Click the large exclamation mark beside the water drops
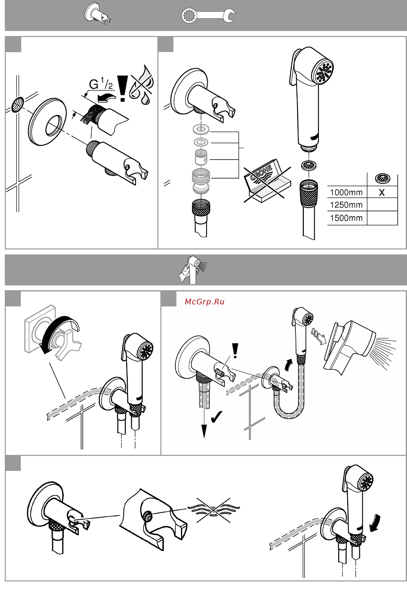pyautogui.click(x=122, y=88)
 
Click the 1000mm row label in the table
pyautogui.click(x=346, y=193)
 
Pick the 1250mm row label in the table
pyautogui.click(x=346, y=205)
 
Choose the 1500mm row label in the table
pyautogui.click(x=346, y=218)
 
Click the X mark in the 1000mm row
pyautogui.click(x=382, y=193)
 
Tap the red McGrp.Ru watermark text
pyautogui.click(x=205, y=302)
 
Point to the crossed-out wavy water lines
pyautogui.click(x=213, y=510)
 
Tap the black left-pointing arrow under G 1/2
pyautogui.click(x=106, y=98)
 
